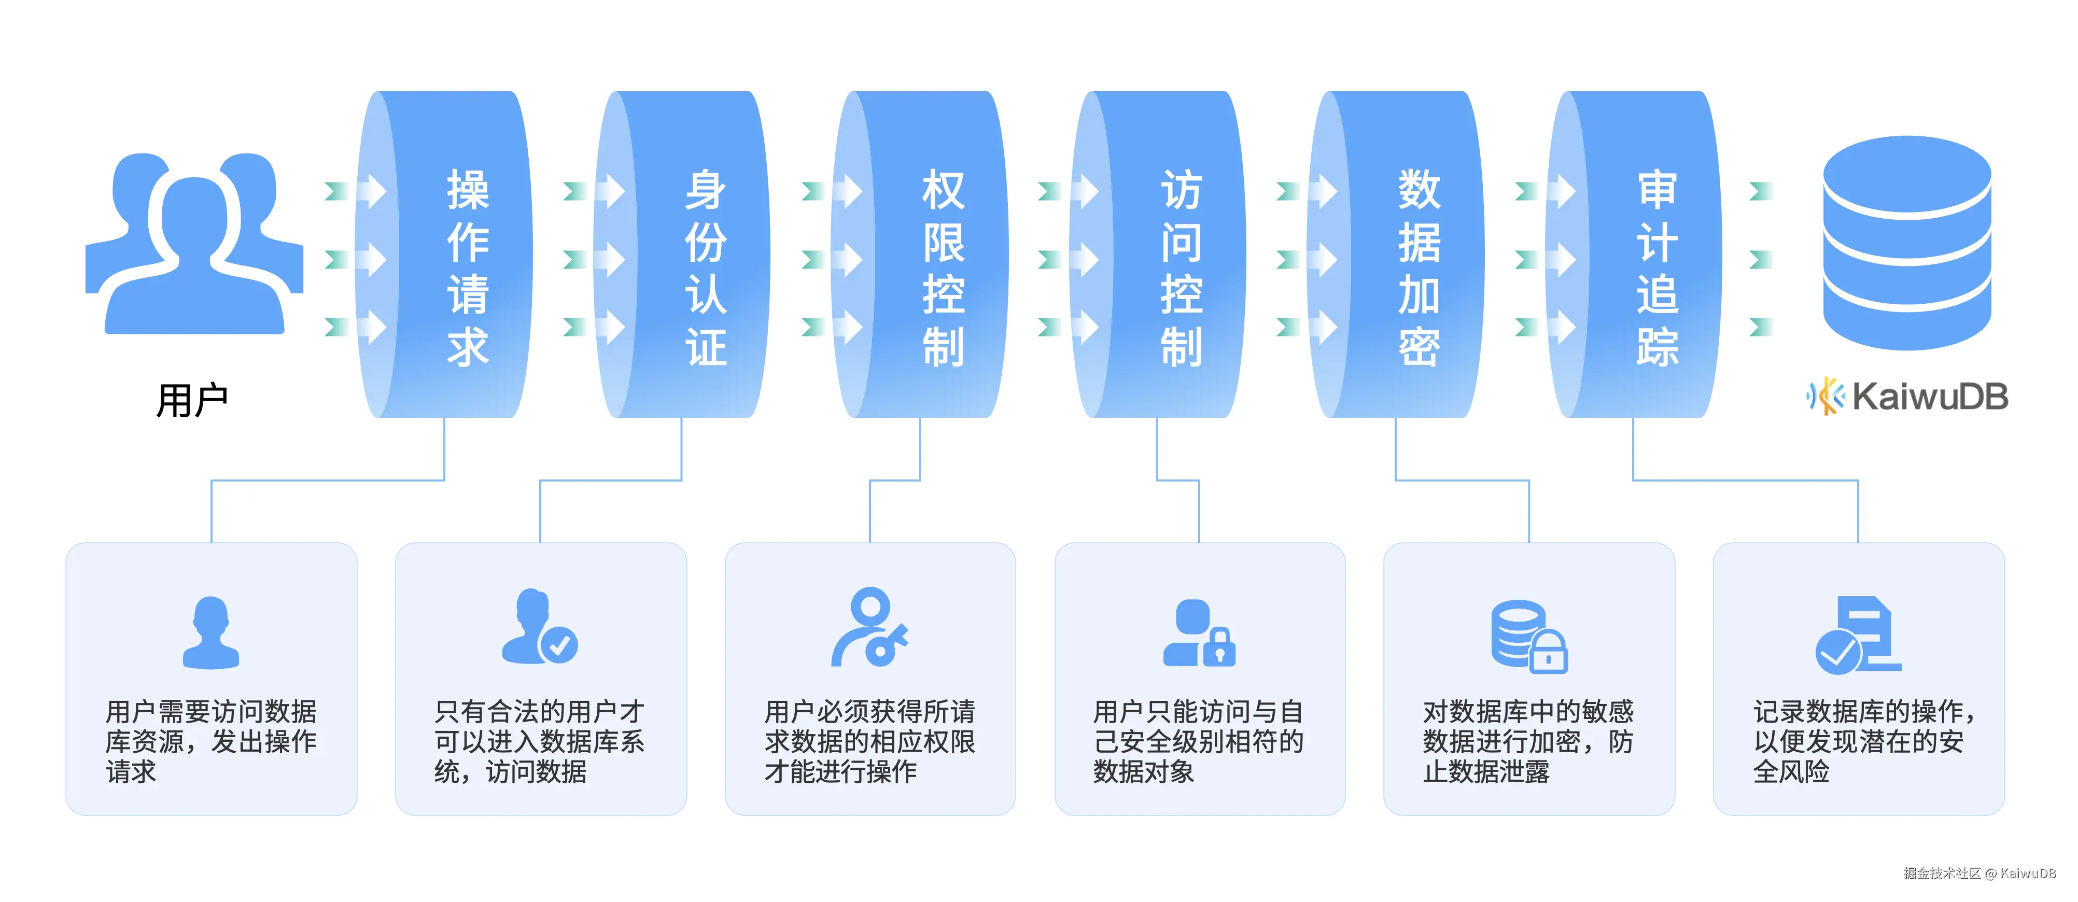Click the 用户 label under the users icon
[x=192, y=401]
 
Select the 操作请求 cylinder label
[x=468, y=268]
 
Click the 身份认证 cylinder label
[x=706, y=268]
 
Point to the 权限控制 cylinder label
[x=943, y=268]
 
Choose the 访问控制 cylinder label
[x=1181, y=268]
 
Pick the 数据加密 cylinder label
[x=1419, y=268]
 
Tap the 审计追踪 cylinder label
[x=1657, y=268]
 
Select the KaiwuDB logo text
[x=1929, y=396]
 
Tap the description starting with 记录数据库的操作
[x=1863, y=741]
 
